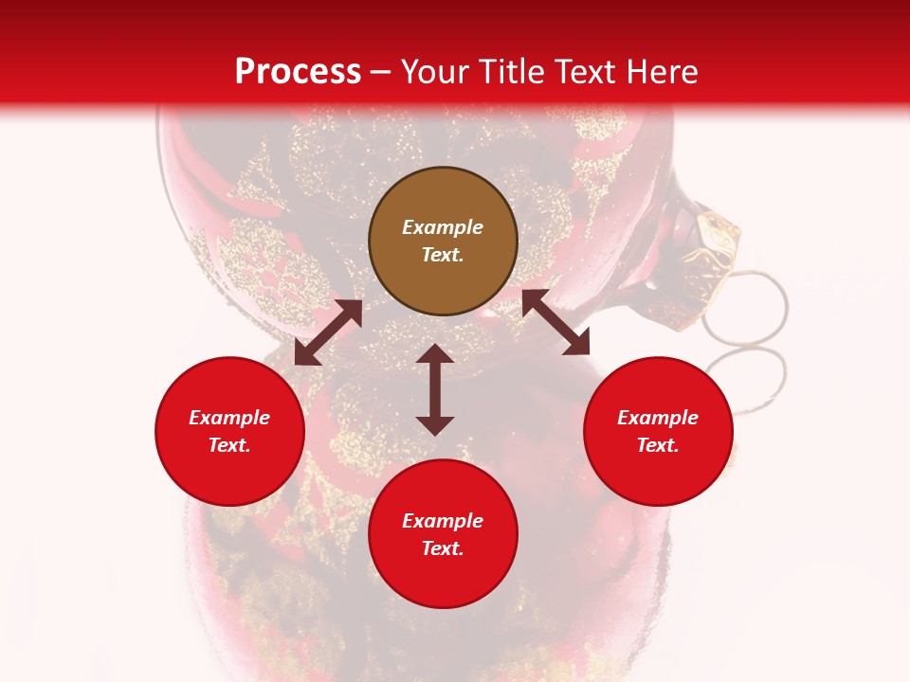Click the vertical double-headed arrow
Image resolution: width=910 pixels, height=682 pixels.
(435, 389)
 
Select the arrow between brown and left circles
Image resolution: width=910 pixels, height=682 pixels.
(328, 332)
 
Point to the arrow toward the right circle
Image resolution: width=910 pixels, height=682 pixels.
(555, 322)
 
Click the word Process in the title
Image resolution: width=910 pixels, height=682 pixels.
(298, 72)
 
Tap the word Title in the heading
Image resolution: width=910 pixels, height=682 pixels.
(512, 72)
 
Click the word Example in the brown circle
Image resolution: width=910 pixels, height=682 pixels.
(443, 227)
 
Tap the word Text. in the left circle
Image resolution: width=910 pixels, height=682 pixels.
(229, 445)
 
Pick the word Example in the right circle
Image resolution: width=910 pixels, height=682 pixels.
(658, 418)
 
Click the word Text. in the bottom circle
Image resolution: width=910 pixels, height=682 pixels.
(443, 548)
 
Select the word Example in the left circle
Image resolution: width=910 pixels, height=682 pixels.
(229, 418)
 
